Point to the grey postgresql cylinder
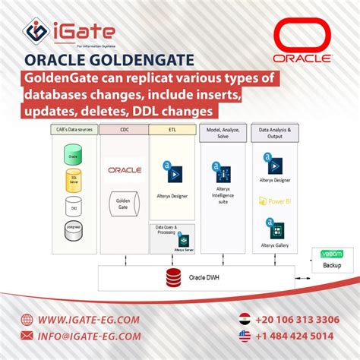(74, 225)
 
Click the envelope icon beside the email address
(28, 336)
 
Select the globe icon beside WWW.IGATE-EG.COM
(28, 319)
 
